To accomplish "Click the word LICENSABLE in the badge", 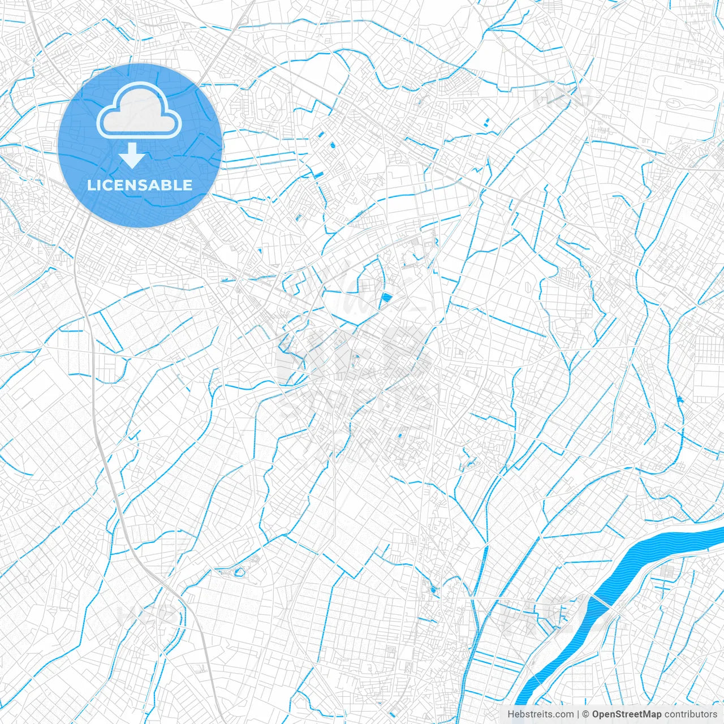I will [x=139, y=185].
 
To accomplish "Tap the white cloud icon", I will [x=139, y=111].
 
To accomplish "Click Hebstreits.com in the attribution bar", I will [x=540, y=714].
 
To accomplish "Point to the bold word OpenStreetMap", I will [x=626, y=714].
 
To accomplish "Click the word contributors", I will [x=691, y=714].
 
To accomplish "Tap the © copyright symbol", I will [x=585, y=714].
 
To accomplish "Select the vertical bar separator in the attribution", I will [x=578, y=714].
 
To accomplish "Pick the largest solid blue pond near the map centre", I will [x=387, y=298].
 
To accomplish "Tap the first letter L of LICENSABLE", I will [x=90, y=185].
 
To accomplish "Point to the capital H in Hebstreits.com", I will [x=511, y=714].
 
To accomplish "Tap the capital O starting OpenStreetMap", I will [x=596, y=714].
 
